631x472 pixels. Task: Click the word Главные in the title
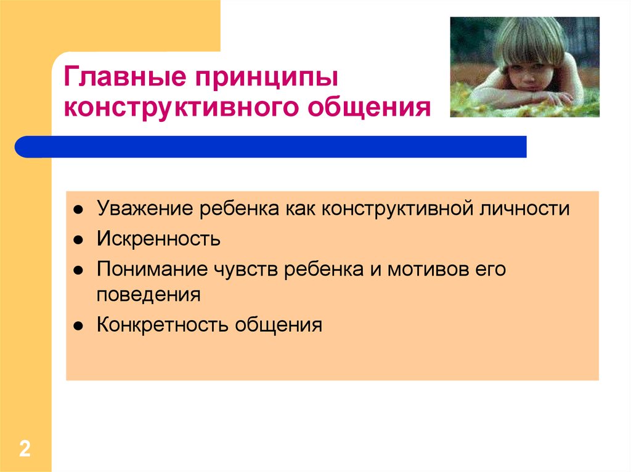click(x=124, y=76)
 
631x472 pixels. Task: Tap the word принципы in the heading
click(x=266, y=78)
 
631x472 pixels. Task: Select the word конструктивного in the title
click(x=182, y=108)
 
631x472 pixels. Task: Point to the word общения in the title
click(x=369, y=108)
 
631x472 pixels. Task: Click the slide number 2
click(x=25, y=449)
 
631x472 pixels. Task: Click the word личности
click(x=524, y=209)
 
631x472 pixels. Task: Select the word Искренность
click(x=158, y=239)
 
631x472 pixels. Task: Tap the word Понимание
click(x=152, y=268)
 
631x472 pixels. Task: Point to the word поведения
click(x=149, y=295)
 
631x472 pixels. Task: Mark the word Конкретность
click(x=162, y=325)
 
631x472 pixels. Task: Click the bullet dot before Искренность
click(x=78, y=241)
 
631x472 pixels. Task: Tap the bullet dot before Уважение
click(x=78, y=210)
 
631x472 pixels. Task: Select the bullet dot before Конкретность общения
click(x=78, y=326)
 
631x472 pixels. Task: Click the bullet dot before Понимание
click(x=78, y=271)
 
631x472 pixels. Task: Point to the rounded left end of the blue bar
click(x=16, y=146)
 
